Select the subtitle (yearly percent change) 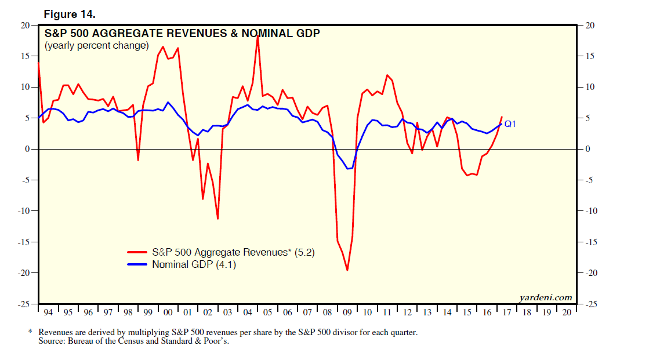tap(96, 45)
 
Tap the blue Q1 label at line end tap(510, 123)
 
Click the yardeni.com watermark tap(546, 297)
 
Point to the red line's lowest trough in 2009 tap(347, 270)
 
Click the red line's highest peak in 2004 tap(257, 36)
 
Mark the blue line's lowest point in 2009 tap(347, 169)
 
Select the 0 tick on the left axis tap(27, 149)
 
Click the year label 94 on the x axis tap(48, 312)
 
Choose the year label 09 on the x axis tap(347, 312)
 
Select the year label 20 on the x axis tap(567, 312)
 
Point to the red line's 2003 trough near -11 tap(217, 219)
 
